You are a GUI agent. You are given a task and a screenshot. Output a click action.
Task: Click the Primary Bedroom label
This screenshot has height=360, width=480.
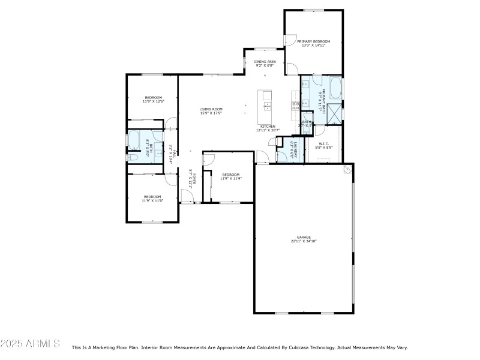click(314, 41)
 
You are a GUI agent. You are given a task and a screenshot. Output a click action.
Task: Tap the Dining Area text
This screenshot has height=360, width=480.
click(265, 61)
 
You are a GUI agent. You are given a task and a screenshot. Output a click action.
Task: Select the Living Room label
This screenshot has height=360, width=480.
click(211, 109)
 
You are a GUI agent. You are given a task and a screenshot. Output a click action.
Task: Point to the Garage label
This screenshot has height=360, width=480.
click(304, 237)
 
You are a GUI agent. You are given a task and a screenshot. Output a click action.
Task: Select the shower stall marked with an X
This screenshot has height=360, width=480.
click(335, 112)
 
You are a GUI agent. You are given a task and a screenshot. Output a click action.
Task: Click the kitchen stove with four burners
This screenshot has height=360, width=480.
click(295, 106)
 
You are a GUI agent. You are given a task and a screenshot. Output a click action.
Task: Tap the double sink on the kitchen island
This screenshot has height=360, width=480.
click(266, 108)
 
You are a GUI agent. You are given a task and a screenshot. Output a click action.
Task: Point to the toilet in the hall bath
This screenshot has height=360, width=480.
click(133, 157)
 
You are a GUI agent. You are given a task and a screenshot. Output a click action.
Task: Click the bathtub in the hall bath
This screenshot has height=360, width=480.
click(134, 139)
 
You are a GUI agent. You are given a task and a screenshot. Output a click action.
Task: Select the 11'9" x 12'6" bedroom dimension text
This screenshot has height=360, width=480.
click(153, 101)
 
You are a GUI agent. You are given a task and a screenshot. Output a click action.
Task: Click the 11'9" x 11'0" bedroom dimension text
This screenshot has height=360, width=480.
click(152, 201)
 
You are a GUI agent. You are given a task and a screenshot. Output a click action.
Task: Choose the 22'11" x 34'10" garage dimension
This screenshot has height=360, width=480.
click(304, 241)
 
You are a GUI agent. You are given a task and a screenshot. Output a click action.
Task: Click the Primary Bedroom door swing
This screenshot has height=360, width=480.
click(290, 41)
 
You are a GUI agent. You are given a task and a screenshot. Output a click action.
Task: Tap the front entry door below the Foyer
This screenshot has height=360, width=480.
click(187, 203)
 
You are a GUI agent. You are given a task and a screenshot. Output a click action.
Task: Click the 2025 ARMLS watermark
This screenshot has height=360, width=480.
click(30, 344)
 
